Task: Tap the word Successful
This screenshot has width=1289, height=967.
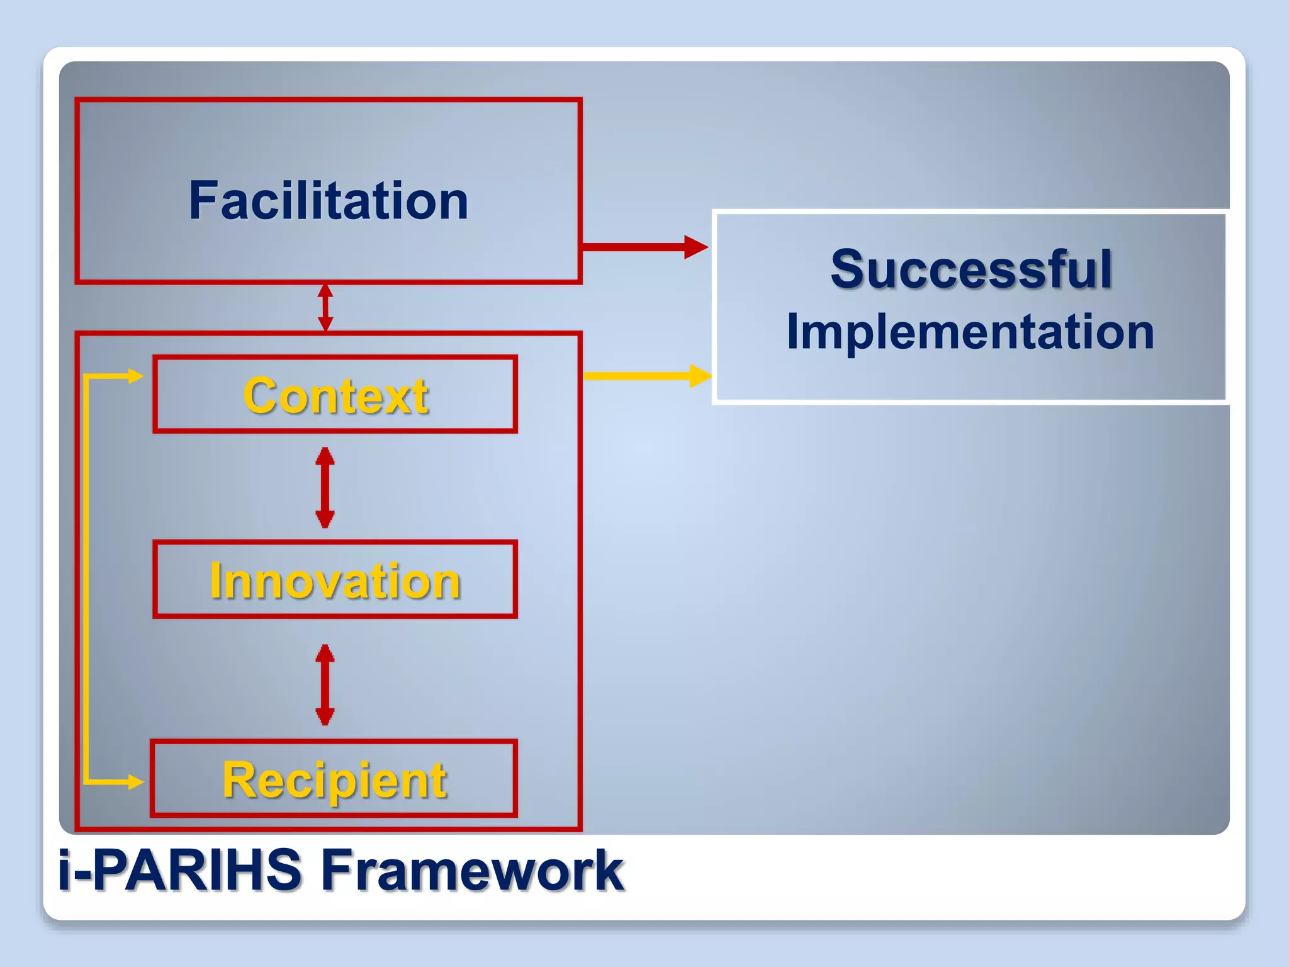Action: pyautogui.click(x=971, y=269)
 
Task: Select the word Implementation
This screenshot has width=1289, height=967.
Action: pyautogui.click(x=970, y=332)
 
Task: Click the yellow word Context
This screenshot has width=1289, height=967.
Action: pyautogui.click(x=335, y=396)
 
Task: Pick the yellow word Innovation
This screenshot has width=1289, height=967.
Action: pyautogui.click(x=335, y=580)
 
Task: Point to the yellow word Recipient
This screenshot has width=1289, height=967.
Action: pyautogui.click(x=334, y=780)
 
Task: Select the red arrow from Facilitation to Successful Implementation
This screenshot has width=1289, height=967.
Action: pyautogui.click(x=642, y=247)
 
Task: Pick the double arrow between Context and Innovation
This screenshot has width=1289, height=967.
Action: pyautogui.click(x=325, y=487)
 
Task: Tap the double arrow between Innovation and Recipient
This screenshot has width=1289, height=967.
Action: pyautogui.click(x=325, y=684)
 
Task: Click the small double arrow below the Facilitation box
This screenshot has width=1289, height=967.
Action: pyautogui.click(x=325, y=307)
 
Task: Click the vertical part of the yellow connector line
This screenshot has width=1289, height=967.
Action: pyautogui.click(x=86, y=579)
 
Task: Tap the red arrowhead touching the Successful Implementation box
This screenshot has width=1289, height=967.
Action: pyautogui.click(x=695, y=247)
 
